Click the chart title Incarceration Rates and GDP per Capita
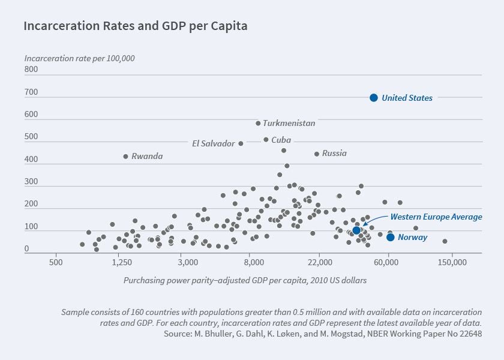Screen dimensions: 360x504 coord(135,26)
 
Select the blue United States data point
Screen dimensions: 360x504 coord(373,98)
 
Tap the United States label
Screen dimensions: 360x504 coord(407,98)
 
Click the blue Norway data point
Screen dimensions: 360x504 coord(391,237)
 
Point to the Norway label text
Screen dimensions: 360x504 coord(413,237)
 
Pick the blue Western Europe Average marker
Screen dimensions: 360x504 coord(356,230)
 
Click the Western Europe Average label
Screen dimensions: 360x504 coord(436,217)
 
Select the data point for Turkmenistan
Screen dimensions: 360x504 coord(258,123)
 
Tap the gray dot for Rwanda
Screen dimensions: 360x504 coord(125,156)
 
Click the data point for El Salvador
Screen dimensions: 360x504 coord(241,143)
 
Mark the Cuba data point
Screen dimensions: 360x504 coord(266,139)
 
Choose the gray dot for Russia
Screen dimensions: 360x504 coord(317,154)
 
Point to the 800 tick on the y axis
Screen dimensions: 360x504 coord(31,70)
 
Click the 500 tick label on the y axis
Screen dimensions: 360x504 coord(31,137)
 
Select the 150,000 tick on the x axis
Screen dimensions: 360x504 coord(452,263)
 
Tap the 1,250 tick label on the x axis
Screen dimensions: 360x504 coord(122,263)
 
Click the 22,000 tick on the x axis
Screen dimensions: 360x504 coord(320,263)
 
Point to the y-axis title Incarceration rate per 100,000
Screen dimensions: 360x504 coord(79,58)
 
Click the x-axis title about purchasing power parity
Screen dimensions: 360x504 coord(245,280)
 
